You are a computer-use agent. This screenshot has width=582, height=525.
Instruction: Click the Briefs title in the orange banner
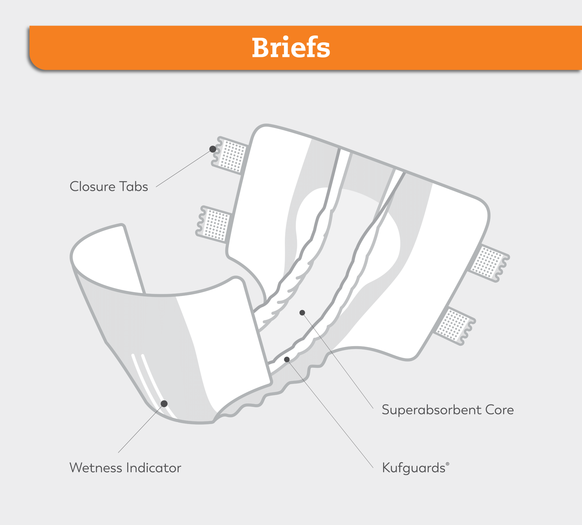point(291,48)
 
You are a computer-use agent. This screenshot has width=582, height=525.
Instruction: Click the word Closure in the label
point(92,186)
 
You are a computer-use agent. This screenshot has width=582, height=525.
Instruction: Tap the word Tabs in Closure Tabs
point(133,186)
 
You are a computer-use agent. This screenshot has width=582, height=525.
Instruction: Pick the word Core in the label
point(499,410)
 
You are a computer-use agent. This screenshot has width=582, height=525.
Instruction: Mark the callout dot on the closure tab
point(213,149)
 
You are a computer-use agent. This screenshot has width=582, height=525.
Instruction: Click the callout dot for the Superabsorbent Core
point(302,313)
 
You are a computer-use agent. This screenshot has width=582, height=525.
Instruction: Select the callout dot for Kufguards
point(287,360)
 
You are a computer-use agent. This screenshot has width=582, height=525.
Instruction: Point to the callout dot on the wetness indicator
point(164,404)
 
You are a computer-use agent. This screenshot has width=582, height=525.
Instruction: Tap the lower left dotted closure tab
point(215,224)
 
